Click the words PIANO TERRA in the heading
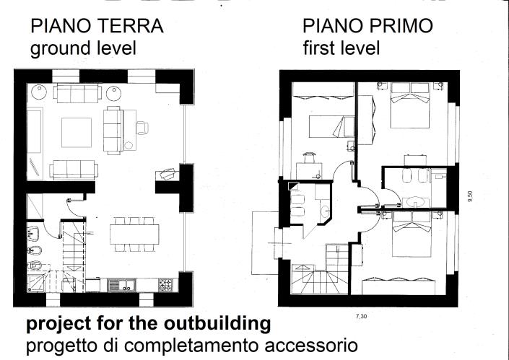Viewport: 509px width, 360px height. [x=96, y=27]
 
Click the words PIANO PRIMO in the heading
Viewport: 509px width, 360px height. [x=368, y=27]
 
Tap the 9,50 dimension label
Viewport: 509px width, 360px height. [x=470, y=196]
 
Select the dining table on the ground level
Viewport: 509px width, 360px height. [x=134, y=234]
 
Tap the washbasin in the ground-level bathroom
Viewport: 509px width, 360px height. [x=33, y=232]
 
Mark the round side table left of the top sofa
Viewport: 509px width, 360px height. [x=40, y=92]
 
